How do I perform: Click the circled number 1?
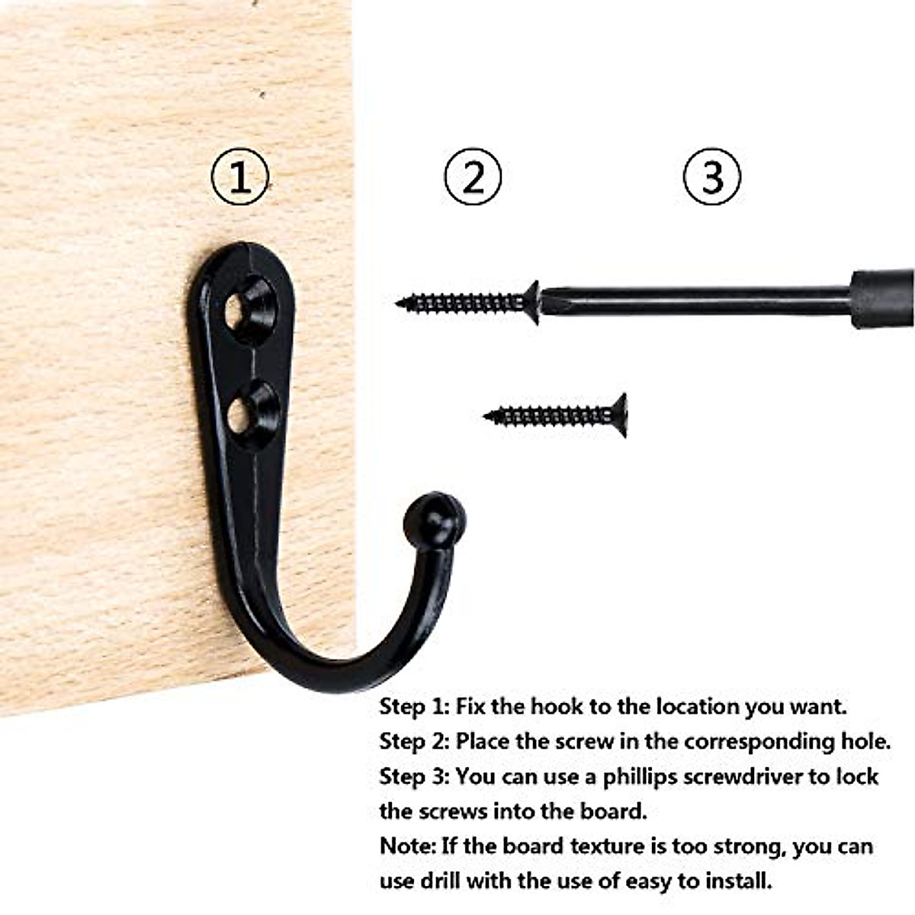(240, 177)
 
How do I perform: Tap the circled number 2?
(473, 177)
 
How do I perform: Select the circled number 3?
(711, 177)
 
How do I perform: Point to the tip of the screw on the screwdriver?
(397, 302)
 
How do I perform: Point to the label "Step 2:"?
(414, 742)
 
